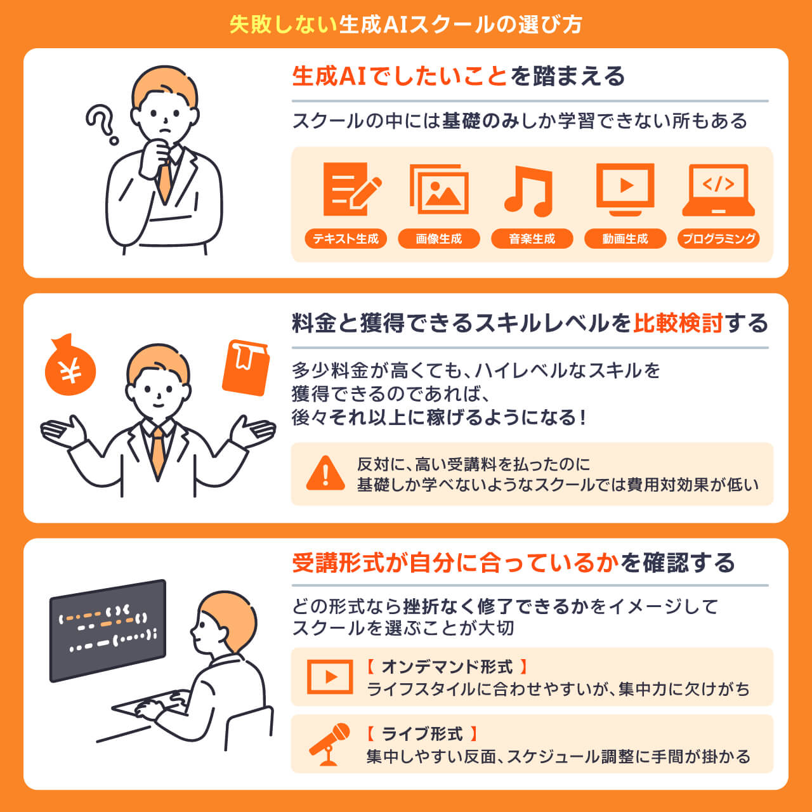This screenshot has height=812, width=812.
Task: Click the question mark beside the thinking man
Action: pyautogui.click(x=101, y=124)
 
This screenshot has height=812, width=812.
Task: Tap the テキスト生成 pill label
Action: pyautogui.click(x=346, y=239)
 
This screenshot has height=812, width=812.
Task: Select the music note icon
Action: pyautogui.click(x=529, y=190)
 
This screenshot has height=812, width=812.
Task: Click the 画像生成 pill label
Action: pyautogui.click(x=439, y=239)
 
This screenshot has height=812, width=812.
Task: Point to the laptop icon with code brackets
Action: pyautogui.click(x=718, y=190)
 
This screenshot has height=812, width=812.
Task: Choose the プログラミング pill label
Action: pyautogui.click(x=718, y=239)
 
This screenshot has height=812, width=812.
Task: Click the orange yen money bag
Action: pyautogui.click(x=70, y=366)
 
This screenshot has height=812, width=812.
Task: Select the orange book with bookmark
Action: pyautogui.click(x=246, y=367)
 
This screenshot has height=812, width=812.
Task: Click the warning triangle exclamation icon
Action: pyautogui.click(x=325, y=473)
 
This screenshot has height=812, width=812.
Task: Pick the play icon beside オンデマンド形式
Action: pyautogui.click(x=330, y=676)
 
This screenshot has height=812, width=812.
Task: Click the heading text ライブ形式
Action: pyautogui.click(x=422, y=734)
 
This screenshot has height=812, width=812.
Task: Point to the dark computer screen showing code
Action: pyautogui.click(x=108, y=630)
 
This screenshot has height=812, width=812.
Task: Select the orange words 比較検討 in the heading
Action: pyautogui.click(x=678, y=324)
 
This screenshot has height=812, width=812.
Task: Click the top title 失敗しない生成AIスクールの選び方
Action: pyautogui.click(x=406, y=24)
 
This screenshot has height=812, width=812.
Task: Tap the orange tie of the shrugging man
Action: pyautogui.click(x=157, y=450)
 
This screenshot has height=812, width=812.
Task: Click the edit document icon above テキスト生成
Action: pyautogui.click(x=351, y=189)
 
